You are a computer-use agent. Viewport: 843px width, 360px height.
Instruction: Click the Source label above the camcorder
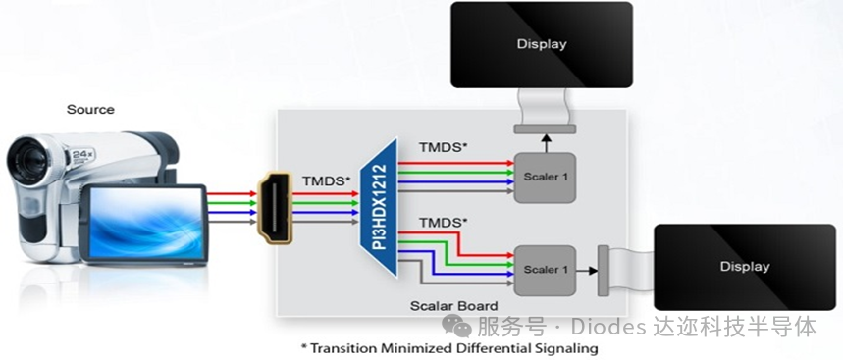(x=90, y=110)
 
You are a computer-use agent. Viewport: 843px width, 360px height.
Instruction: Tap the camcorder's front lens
(x=26, y=160)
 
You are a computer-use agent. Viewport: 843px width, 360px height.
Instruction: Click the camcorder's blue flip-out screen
(x=145, y=224)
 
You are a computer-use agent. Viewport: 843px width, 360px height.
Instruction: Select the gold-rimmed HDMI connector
(x=275, y=208)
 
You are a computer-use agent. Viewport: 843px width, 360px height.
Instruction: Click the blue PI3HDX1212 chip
(x=379, y=208)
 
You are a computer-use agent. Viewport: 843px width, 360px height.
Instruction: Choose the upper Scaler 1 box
(x=545, y=178)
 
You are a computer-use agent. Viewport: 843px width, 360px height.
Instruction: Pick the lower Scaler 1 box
(x=545, y=271)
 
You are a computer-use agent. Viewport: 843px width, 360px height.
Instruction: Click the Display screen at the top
(x=542, y=44)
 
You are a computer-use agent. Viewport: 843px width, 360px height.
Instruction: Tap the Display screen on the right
(x=745, y=267)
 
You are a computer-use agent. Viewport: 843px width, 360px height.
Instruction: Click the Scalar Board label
(x=453, y=306)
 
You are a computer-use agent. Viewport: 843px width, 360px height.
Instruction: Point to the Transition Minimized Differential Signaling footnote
(x=448, y=348)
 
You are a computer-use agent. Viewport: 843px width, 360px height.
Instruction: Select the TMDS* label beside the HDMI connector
(x=323, y=181)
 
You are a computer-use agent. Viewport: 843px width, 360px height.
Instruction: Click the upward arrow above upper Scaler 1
(x=547, y=143)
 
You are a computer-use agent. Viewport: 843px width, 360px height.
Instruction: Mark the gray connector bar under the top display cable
(x=545, y=129)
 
